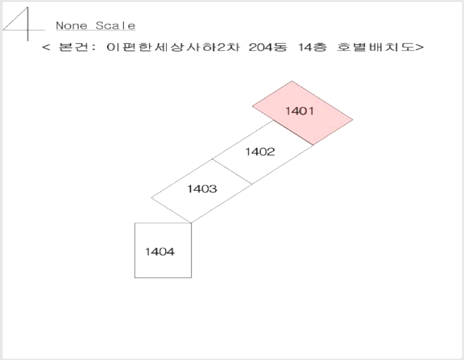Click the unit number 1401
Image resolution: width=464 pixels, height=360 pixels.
299,111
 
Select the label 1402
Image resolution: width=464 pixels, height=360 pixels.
260,152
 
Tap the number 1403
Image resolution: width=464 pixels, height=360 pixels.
202,189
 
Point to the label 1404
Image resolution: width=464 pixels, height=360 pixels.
160,252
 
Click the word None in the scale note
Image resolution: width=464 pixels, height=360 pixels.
72,26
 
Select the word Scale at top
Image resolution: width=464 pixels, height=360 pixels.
116,26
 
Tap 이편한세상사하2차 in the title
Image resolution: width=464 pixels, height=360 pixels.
173,47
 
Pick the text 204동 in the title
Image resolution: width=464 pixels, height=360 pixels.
268,47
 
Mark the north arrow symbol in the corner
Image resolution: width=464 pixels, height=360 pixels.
24,24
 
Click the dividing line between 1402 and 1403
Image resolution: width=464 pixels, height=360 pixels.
232,172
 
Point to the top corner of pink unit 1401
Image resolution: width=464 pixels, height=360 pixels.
292,81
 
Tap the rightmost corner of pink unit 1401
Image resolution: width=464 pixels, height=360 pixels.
353,120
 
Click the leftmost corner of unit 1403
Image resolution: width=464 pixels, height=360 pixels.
151,198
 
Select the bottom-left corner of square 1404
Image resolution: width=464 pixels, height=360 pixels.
135,278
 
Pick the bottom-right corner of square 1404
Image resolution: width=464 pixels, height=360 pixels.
192,278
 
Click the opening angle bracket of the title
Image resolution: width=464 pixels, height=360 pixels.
46,47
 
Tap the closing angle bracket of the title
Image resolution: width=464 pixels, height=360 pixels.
420,47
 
